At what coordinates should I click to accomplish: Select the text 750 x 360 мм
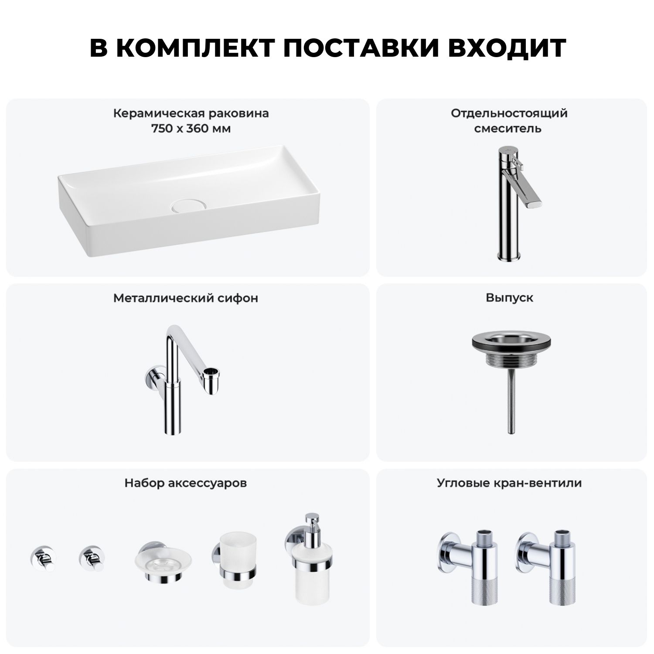(x=191, y=129)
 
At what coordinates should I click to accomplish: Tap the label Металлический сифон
(x=186, y=298)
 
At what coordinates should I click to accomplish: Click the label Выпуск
(x=510, y=298)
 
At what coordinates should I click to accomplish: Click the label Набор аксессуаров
(x=186, y=483)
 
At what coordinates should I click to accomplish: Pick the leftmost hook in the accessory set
(x=43, y=559)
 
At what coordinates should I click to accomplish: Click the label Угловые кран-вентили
(x=510, y=483)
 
